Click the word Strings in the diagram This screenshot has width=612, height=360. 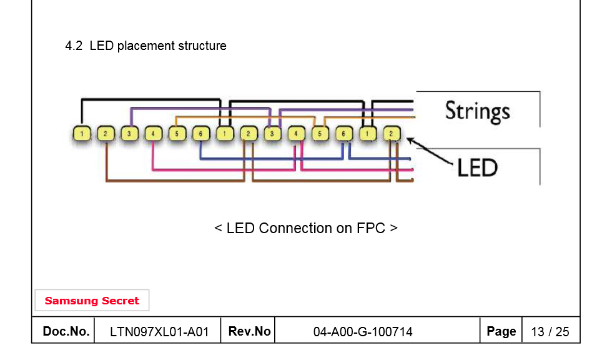[477, 111]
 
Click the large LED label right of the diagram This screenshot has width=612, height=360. [477, 167]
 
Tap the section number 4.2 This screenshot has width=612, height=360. [74, 46]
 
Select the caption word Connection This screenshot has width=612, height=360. [297, 228]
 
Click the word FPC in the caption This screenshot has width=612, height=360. [371, 228]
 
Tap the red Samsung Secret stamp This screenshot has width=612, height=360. [92, 301]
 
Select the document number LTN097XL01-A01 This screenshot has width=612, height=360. [159, 332]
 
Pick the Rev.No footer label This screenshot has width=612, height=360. [249, 331]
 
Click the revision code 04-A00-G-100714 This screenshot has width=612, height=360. [363, 332]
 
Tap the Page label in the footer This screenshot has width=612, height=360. [501, 331]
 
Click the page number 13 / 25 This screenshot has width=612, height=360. [550, 332]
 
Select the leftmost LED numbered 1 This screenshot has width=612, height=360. [82, 133]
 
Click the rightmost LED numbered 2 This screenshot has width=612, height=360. [391, 133]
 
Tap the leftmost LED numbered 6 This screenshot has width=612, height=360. [200, 133]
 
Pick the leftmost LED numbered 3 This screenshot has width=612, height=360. [129, 133]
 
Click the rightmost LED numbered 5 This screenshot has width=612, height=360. [320, 133]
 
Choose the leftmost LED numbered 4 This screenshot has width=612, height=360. [153, 133]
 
